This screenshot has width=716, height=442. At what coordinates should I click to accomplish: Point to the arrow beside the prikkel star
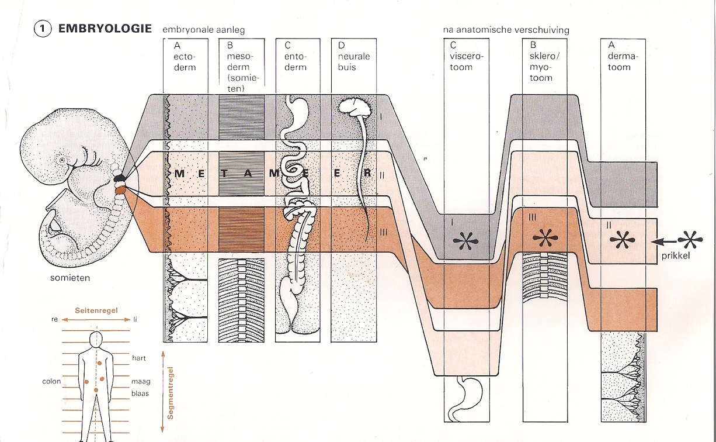coord(663,240)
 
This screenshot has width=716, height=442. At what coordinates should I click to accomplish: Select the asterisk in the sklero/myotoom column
coord(545,239)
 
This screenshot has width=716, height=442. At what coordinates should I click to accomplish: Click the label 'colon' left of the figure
coord(51,381)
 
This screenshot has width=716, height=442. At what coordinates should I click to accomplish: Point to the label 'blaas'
coord(140,393)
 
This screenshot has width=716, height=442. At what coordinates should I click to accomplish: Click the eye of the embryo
coord(61,159)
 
